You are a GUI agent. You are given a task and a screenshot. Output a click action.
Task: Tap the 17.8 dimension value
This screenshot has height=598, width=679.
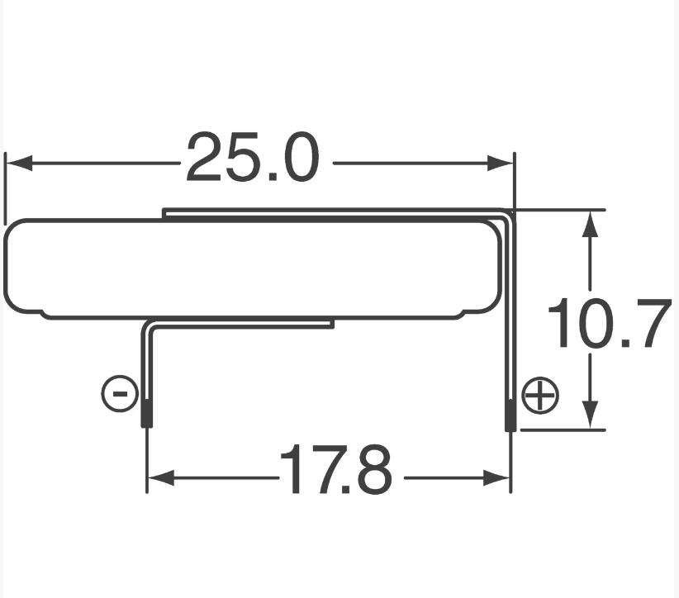[335, 468]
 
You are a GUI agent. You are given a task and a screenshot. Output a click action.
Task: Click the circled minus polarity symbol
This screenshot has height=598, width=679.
[120, 393]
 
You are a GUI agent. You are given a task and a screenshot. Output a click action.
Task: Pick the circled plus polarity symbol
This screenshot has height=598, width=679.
[540, 395]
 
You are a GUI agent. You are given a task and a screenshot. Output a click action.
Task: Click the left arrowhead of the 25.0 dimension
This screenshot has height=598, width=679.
[19, 164]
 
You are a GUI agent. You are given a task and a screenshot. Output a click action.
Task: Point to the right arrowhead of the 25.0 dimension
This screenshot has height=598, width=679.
[500, 164]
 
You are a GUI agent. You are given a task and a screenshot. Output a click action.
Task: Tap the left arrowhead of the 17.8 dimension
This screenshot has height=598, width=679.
[161, 478]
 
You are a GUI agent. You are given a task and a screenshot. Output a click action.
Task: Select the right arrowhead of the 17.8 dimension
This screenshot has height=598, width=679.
[496, 478]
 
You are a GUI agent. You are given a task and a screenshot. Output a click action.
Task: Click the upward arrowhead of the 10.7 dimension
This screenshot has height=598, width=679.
[590, 224]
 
